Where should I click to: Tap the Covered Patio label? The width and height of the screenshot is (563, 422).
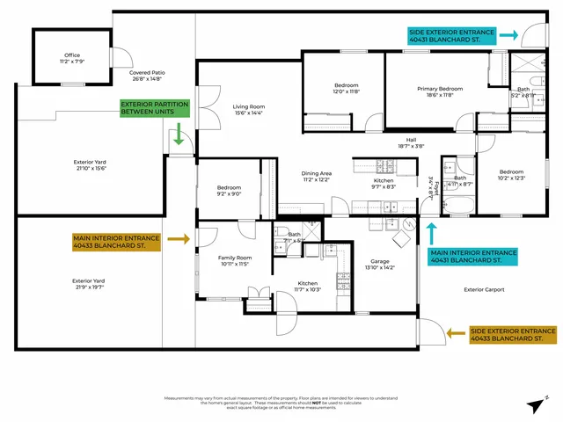pos(147,76)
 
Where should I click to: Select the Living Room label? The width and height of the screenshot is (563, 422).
pos(249,110)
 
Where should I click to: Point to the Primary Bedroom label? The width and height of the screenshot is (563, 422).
pos(439,92)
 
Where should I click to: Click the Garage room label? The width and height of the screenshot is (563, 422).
pos(380,265)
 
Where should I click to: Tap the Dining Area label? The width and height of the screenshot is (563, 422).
pos(316,177)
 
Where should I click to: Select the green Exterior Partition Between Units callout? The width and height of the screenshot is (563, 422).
pos(155,110)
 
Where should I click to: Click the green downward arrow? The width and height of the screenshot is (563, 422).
pos(178,135)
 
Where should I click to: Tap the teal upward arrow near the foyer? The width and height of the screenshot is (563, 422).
pos(431,231)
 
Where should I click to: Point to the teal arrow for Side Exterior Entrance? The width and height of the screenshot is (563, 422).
pos(508,35)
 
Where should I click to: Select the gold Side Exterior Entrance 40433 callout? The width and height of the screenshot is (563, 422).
pos(513,334)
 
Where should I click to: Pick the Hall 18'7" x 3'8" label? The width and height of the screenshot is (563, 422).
pos(411,143)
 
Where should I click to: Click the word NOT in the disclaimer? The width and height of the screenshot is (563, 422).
pos(291,403)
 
